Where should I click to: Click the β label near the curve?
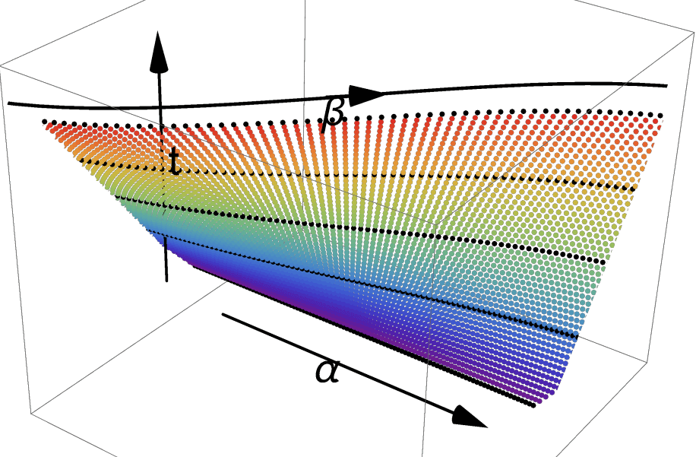click(334, 114)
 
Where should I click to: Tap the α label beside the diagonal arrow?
click(327, 371)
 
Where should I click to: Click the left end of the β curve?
click(8, 103)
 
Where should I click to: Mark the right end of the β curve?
click(667, 86)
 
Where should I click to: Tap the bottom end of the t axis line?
click(166, 281)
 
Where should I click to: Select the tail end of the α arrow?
click(223, 315)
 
